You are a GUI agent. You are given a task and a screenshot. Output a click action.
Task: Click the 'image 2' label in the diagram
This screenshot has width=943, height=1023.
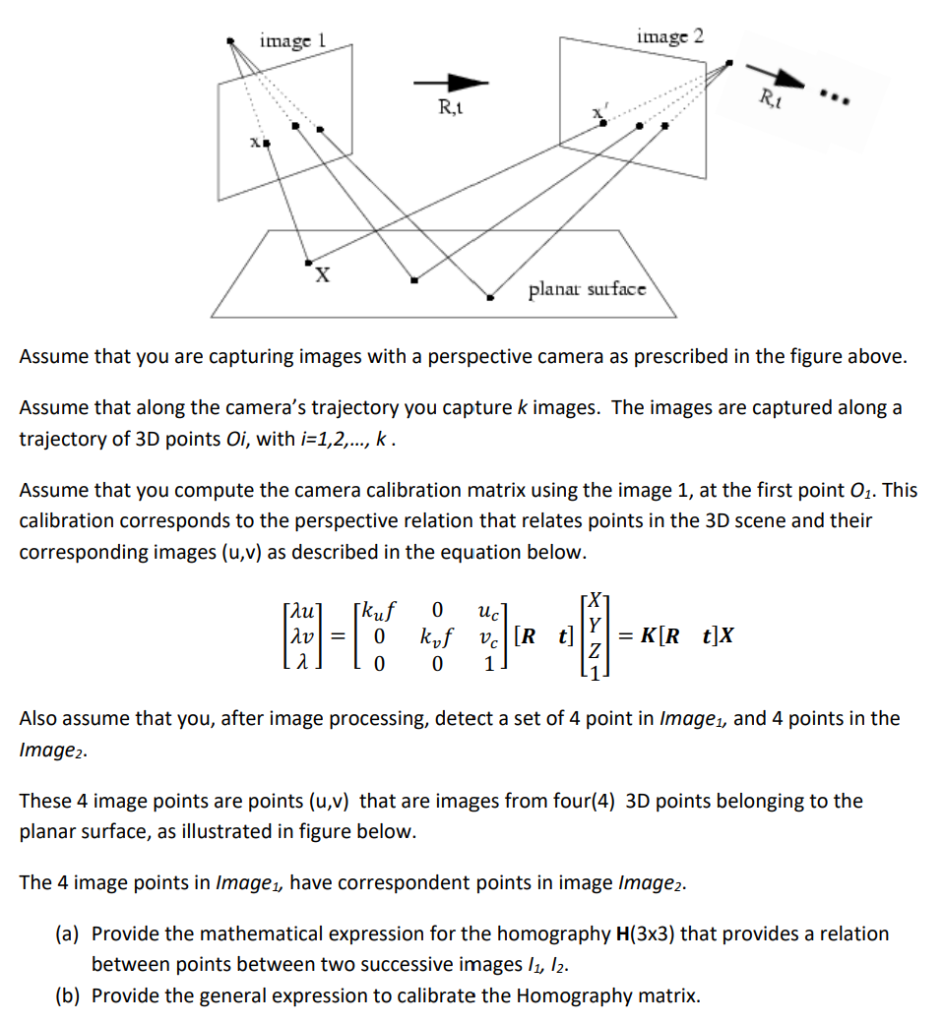670,36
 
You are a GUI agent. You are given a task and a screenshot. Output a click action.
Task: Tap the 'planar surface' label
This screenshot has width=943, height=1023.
588,289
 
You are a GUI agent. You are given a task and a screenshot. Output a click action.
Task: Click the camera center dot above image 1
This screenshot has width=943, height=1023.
231,40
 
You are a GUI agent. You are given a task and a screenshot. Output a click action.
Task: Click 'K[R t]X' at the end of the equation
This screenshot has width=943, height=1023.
686,635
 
